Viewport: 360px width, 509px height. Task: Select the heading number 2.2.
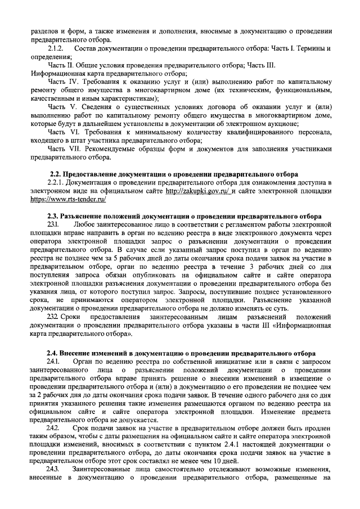(55, 174)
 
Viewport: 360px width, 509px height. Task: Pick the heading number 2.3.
(55, 216)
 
